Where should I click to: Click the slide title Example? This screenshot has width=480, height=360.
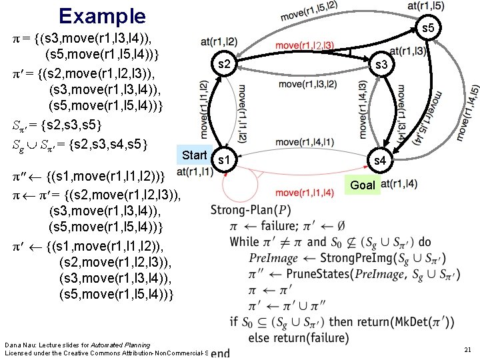click(101, 15)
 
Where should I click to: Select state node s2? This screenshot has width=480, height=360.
click(225, 65)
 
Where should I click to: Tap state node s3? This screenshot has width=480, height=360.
click(381, 65)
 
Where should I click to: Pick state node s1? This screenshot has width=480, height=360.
click(225, 161)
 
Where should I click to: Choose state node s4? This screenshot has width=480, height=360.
click(379, 161)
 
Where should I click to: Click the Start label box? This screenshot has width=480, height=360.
click(195, 155)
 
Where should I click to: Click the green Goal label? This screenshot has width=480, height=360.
click(363, 185)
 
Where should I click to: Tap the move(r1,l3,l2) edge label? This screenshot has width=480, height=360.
click(307, 84)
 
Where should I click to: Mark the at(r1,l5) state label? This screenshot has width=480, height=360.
click(427, 6)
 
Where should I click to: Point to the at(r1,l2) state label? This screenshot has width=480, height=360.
click(218, 41)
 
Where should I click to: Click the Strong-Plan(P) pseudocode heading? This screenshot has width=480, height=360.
click(251, 210)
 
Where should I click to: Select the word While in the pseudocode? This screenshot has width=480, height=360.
click(245, 241)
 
